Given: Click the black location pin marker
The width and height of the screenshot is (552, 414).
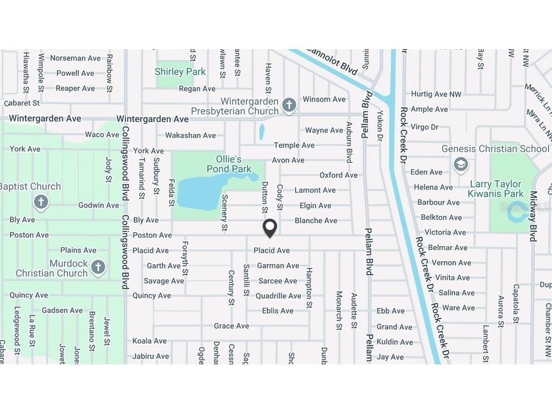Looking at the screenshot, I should (270, 228).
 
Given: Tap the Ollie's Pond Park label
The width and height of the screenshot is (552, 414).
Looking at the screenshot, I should (229, 164).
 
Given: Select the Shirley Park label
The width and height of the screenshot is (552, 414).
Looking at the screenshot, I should (180, 72).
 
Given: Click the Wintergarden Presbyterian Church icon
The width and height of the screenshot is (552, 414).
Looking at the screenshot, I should (288, 105).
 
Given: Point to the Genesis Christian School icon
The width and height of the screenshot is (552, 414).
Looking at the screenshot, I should (461, 165).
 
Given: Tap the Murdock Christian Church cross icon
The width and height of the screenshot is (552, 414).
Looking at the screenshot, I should (98, 267).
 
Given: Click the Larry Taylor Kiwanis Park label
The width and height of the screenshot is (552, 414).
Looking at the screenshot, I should (496, 189).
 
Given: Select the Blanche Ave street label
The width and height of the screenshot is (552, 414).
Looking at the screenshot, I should (316, 220).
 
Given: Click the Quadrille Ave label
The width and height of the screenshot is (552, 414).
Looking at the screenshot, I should (278, 296).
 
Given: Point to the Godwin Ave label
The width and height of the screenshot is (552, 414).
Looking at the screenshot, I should (99, 205).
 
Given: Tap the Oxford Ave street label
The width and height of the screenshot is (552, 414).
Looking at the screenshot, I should (338, 175).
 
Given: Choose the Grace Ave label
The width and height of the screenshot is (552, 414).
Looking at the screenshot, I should (231, 326).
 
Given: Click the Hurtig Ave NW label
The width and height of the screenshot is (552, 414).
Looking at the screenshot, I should (436, 94).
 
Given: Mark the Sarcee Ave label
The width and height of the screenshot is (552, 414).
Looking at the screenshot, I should (278, 281).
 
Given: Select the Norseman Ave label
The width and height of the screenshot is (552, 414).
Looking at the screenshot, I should (75, 58).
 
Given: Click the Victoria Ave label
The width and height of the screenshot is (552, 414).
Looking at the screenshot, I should (445, 232).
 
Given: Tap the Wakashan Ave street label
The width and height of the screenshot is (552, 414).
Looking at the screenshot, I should (190, 135).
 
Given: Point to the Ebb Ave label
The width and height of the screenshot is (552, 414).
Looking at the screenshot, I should (390, 311).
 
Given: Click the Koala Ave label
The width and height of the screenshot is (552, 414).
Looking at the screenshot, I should (149, 341).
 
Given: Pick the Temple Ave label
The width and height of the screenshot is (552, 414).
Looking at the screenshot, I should (294, 145).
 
